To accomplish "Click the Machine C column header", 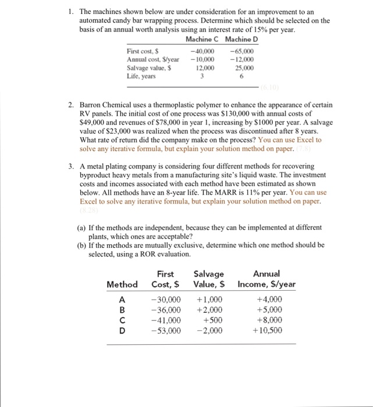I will pyautogui.click(x=201, y=39).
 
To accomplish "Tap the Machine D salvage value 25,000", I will pyautogui.click(x=243, y=67).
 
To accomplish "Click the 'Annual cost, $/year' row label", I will pyautogui.click(x=152, y=59).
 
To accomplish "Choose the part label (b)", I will pyautogui.click(x=82, y=245).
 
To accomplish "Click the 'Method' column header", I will pyautogui.click(x=122, y=284).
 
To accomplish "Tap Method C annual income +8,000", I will pyautogui.click(x=269, y=320).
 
